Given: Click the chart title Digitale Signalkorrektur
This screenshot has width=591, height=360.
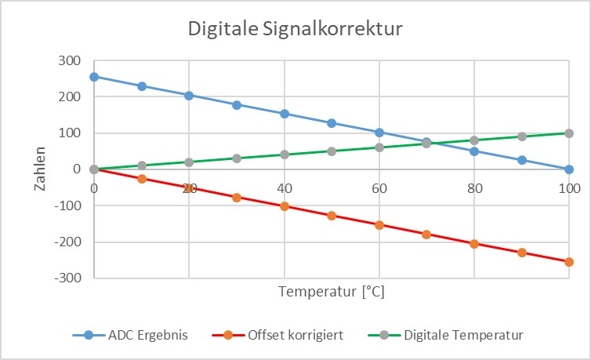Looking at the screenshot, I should click(x=295, y=30).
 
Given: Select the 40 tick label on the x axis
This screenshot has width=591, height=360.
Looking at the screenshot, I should click(x=285, y=188).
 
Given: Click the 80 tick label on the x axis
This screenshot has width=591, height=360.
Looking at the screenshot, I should click(x=474, y=188).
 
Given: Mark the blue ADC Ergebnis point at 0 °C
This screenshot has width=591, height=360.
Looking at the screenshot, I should click(x=94, y=77).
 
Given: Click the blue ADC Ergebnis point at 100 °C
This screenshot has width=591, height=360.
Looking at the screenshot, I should click(x=569, y=169).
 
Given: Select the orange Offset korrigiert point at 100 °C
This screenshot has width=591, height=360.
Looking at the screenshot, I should click(x=569, y=262).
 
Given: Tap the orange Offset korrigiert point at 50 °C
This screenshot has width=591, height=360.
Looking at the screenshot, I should click(x=332, y=216).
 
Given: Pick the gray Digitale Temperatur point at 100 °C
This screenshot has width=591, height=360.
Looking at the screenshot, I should click(x=569, y=133).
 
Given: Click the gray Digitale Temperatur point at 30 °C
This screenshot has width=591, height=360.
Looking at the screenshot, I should click(x=237, y=158).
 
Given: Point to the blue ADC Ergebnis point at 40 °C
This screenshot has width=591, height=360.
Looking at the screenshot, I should click(x=285, y=114).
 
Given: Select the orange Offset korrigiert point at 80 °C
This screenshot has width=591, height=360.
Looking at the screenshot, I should click(x=474, y=243).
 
